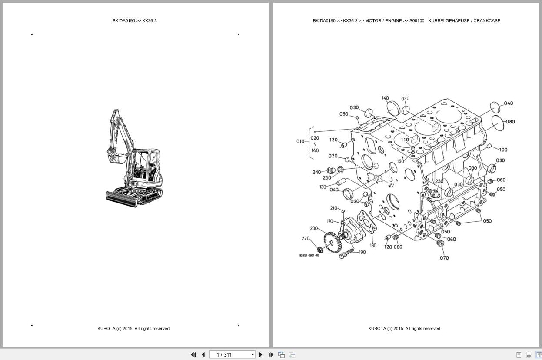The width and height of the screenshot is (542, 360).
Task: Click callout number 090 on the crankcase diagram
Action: [x=343, y=114]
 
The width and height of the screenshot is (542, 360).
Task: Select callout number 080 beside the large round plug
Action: [x=510, y=122]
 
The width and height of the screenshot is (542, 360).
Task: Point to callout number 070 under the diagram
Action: [x=444, y=258]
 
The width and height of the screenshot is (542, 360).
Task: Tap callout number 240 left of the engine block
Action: [x=316, y=172]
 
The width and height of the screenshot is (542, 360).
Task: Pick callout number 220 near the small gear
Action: [x=306, y=238]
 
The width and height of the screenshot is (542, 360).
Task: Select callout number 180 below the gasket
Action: [x=373, y=246]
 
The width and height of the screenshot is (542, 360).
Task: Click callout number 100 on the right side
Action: [x=503, y=150]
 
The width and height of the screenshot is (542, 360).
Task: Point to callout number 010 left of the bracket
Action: [x=300, y=141]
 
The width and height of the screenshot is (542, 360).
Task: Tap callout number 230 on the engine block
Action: [x=439, y=181]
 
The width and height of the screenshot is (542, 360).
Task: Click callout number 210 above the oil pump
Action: [x=333, y=208]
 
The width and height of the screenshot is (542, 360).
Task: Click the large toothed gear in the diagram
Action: [x=333, y=243]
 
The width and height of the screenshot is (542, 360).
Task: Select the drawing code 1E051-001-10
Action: [x=309, y=255]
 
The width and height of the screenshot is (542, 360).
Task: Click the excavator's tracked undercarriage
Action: [x=135, y=197]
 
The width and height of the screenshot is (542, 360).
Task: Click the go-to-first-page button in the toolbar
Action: [x=193, y=355]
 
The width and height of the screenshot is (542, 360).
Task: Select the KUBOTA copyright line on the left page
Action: [x=134, y=329]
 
